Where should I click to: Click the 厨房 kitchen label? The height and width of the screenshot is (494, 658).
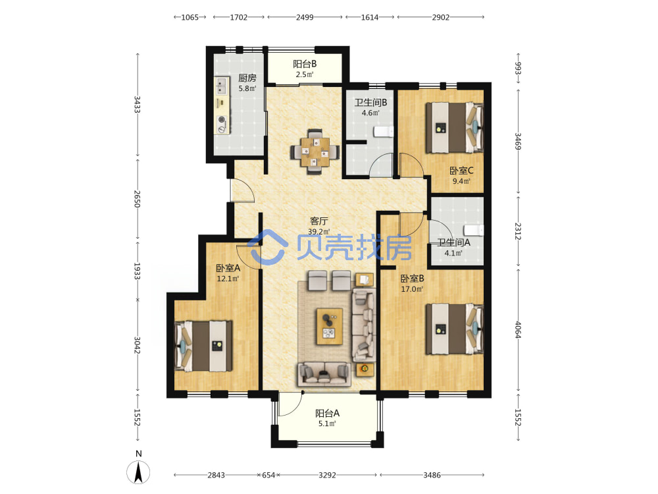(247, 78)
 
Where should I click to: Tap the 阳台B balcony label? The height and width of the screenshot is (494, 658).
(305, 64)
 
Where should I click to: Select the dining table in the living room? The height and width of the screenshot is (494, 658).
(315, 151)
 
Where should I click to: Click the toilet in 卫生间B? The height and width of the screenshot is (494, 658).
(384, 132)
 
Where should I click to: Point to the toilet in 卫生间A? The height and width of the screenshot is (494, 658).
(473, 230)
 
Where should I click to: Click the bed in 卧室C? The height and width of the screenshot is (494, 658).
(455, 128)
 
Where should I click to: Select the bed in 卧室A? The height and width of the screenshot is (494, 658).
(203, 346)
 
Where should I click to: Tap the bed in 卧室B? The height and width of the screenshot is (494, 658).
(455, 329)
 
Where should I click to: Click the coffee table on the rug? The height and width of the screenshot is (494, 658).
(330, 327)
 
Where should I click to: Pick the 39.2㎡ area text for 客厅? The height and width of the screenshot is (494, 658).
(319, 231)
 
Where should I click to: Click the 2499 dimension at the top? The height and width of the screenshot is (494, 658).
(305, 17)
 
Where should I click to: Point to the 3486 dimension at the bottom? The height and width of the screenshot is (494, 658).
(432, 475)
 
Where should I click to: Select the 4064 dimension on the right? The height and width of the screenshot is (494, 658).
(518, 330)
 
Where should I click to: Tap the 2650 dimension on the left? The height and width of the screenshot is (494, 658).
(138, 199)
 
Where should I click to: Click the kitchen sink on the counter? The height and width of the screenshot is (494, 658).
(222, 86)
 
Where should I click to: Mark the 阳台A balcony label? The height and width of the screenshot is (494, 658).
(327, 414)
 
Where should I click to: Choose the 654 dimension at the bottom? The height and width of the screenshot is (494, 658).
(268, 475)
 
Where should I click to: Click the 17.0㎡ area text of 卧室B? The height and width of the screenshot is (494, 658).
(412, 289)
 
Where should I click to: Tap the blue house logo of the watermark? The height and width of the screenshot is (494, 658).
(267, 247)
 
